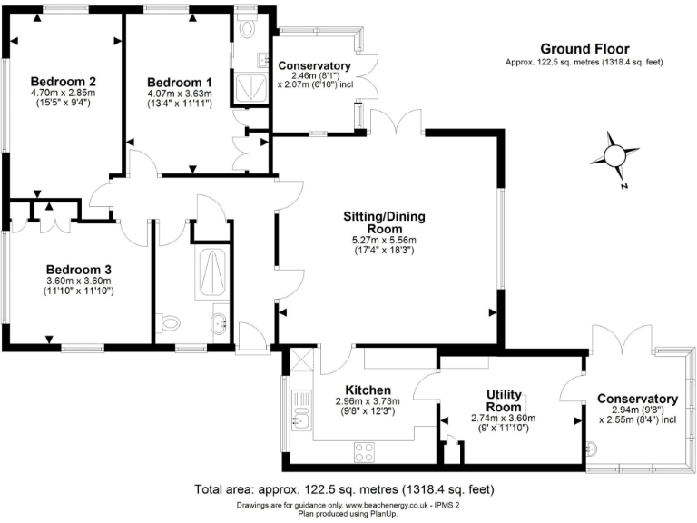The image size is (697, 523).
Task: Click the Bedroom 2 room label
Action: tap(63, 80)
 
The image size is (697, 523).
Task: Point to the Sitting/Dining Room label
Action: tap(384, 222)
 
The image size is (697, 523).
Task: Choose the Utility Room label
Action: tap(504, 400)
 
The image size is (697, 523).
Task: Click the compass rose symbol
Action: tap(614, 154)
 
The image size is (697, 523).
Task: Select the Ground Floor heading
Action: tap(584, 48)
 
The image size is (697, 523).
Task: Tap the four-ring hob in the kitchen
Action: tap(366, 449)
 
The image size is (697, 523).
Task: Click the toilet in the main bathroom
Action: tap(168, 322)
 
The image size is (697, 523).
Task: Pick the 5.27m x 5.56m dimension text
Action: tap(383, 240)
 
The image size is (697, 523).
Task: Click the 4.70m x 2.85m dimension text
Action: tap(63, 92)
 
